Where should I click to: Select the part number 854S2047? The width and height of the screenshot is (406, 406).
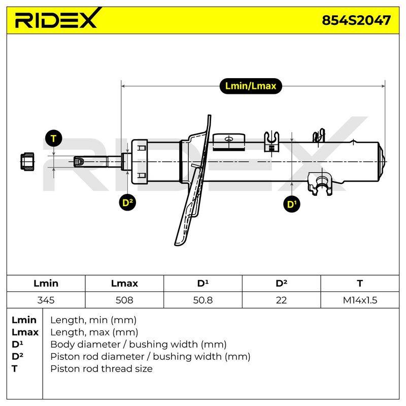(x=356, y=20)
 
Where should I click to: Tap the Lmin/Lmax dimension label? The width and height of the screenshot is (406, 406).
(x=250, y=86)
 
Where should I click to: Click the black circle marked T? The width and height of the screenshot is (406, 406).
(x=54, y=139)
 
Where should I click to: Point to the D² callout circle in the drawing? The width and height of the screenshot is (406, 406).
(x=128, y=202)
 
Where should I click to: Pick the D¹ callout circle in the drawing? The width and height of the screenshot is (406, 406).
(x=292, y=204)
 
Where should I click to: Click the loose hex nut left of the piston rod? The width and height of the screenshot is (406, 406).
(x=27, y=161)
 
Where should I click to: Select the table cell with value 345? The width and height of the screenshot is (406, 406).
(x=46, y=300)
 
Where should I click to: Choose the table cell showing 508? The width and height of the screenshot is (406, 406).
(x=124, y=300)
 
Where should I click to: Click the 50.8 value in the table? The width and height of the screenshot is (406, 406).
(x=202, y=300)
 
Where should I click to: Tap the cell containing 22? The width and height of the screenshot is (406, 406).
(x=281, y=300)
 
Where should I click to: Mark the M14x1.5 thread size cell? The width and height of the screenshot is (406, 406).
(x=360, y=300)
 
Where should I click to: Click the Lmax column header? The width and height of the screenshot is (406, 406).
(x=124, y=283)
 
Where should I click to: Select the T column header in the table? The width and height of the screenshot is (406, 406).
(x=360, y=283)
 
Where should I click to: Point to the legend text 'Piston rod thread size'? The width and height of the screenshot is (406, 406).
(x=101, y=369)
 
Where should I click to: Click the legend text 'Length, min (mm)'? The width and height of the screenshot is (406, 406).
(x=93, y=320)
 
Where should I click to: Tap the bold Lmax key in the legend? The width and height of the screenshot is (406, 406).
(x=25, y=332)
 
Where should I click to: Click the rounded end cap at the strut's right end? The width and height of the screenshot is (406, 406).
(x=382, y=161)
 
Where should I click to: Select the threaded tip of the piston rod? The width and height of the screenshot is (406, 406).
(x=79, y=161)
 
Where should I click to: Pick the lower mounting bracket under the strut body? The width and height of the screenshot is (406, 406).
(x=320, y=183)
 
